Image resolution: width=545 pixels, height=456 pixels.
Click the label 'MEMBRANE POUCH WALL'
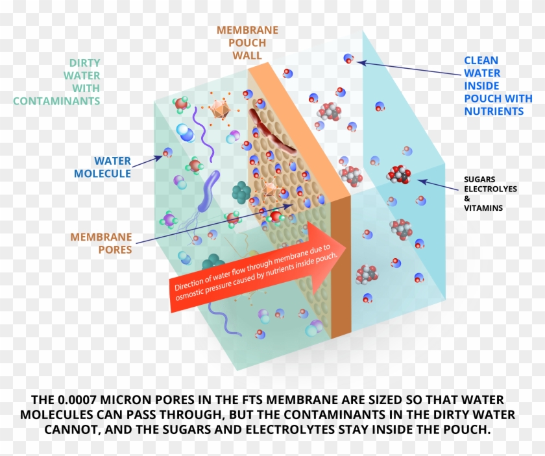[x=247, y=43]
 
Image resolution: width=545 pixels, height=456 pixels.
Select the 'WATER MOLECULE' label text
[x=103, y=167]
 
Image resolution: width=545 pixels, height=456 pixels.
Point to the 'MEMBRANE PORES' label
[x=101, y=243]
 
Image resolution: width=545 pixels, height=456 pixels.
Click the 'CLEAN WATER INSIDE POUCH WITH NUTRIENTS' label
[x=497, y=86]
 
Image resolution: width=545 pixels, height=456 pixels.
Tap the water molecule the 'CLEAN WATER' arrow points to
[x=348, y=60]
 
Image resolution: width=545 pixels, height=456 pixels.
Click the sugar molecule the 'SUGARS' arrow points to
[x=398, y=174]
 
